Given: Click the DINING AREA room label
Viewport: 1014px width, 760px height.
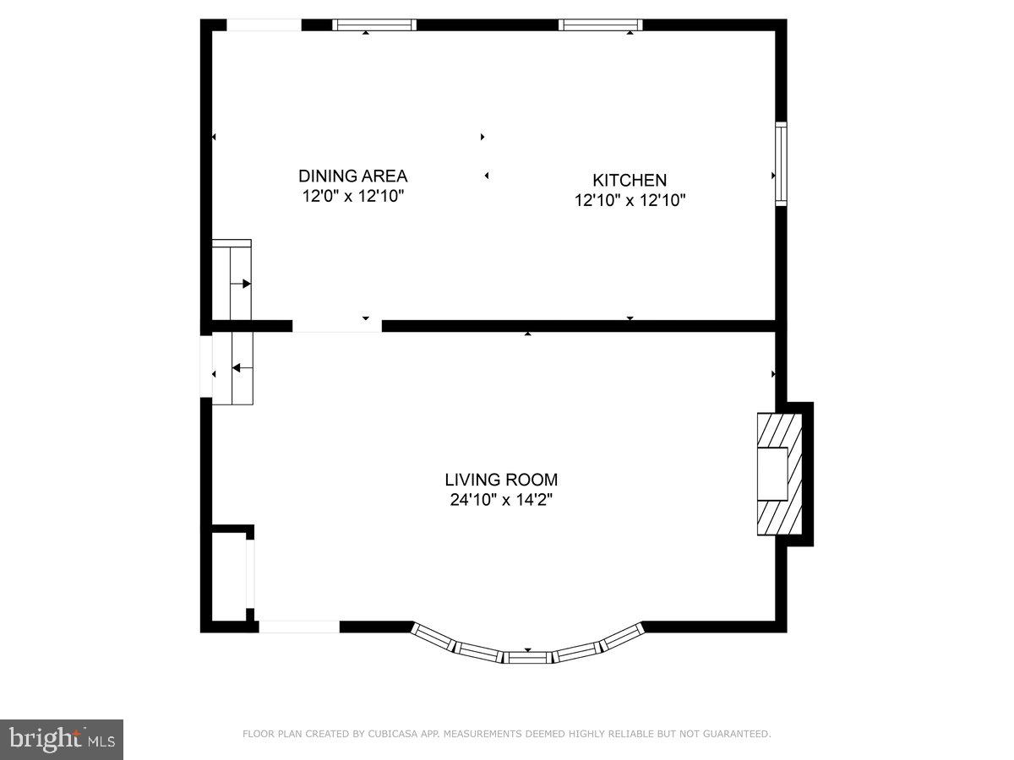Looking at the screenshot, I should click(352, 176).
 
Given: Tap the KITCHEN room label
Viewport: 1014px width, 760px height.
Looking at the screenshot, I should click(629, 180).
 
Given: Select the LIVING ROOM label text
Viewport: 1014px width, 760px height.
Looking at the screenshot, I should click(503, 480).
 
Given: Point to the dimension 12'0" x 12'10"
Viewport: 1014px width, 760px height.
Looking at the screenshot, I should click(352, 197).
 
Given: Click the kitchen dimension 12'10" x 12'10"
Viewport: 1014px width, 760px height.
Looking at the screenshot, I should click(629, 200).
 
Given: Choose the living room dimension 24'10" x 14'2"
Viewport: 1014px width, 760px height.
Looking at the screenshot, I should click(503, 500).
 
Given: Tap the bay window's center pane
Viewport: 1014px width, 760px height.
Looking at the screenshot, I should click(528, 656).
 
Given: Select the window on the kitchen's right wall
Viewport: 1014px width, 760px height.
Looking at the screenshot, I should click(781, 164).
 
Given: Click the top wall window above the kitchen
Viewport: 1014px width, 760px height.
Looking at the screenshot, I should click(602, 24).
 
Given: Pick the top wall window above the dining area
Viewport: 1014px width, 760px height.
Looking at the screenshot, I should click(374, 24).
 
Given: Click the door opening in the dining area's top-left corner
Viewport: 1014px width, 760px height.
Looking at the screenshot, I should click(264, 24).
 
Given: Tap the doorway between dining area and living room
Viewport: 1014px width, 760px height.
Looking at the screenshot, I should click(337, 326).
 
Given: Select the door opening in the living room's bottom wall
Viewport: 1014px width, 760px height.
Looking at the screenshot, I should click(299, 627).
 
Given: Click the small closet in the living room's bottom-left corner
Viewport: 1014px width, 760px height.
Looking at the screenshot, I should click(227, 574).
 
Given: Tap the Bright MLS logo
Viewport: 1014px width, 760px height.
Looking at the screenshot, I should click(62, 739).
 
